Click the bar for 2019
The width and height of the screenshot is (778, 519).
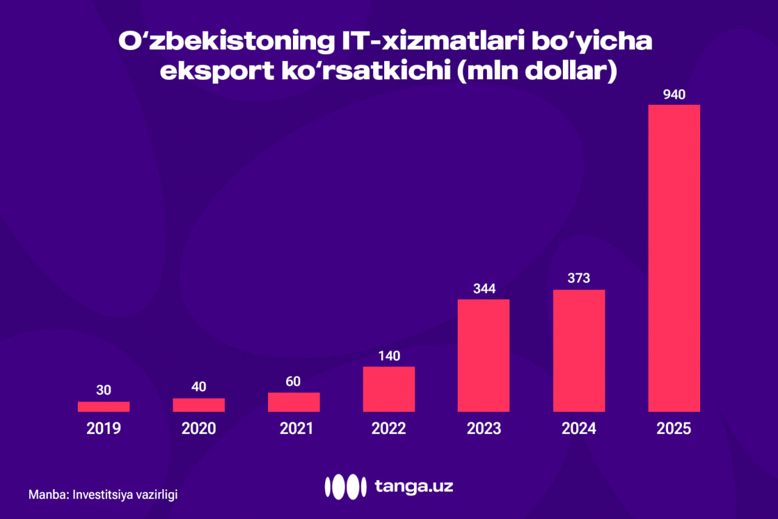(x=103, y=406)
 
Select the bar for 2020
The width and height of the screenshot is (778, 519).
(x=199, y=405)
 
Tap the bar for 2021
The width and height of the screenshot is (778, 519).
(x=294, y=402)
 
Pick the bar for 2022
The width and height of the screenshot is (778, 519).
(x=389, y=389)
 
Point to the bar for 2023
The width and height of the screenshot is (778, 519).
(x=484, y=355)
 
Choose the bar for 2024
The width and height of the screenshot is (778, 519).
(x=579, y=350)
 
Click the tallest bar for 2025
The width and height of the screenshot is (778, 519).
(x=674, y=258)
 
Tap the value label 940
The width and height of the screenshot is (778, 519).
(x=674, y=95)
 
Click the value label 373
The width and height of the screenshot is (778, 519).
(x=579, y=279)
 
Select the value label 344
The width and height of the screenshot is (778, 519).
(x=484, y=288)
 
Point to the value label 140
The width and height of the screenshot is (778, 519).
(x=389, y=356)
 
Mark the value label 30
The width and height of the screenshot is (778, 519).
(x=103, y=390)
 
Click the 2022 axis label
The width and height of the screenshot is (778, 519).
(x=389, y=428)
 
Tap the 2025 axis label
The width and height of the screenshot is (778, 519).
(x=674, y=428)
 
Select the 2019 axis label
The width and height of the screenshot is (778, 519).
(x=103, y=428)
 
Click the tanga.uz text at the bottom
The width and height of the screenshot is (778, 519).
(x=414, y=486)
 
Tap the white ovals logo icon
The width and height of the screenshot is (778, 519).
(x=345, y=486)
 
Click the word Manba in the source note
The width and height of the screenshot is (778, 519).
(x=47, y=495)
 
